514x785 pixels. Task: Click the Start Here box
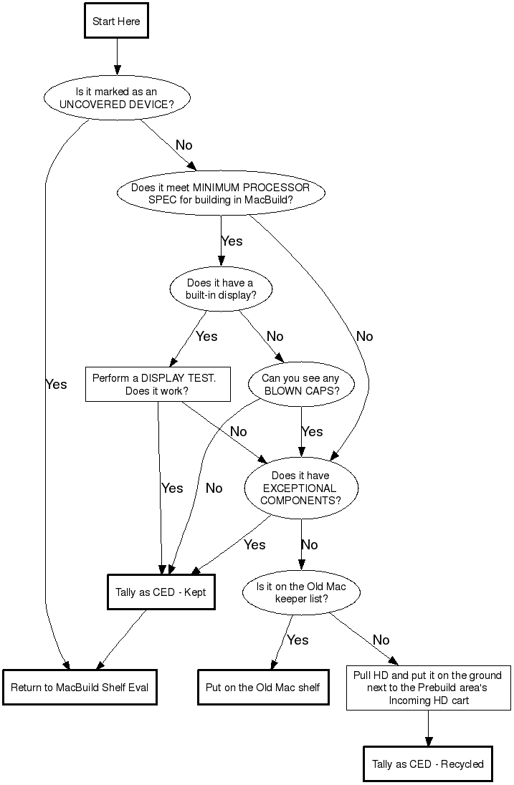point(116,21)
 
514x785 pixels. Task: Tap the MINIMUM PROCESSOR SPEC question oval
point(220,194)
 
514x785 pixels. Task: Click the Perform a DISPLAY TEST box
point(158,385)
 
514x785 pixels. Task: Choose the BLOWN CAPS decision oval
point(300,385)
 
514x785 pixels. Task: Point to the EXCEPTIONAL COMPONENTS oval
point(300,488)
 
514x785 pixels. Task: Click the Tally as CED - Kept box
point(161,592)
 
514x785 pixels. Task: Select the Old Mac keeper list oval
point(301,592)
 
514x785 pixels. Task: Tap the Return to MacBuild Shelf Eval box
point(80,688)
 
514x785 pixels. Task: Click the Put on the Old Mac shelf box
point(263,688)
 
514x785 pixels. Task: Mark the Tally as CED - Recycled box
point(428,764)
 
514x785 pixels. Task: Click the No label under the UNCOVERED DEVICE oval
point(184,145)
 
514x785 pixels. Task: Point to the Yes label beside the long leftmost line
point(56,385)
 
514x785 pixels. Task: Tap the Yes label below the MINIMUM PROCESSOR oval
point(232,241)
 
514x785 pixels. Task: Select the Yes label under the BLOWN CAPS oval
point(313,432)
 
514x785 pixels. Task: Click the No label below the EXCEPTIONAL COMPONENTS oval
point(309,545)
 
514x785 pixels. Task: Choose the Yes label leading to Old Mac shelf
point(298,640)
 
